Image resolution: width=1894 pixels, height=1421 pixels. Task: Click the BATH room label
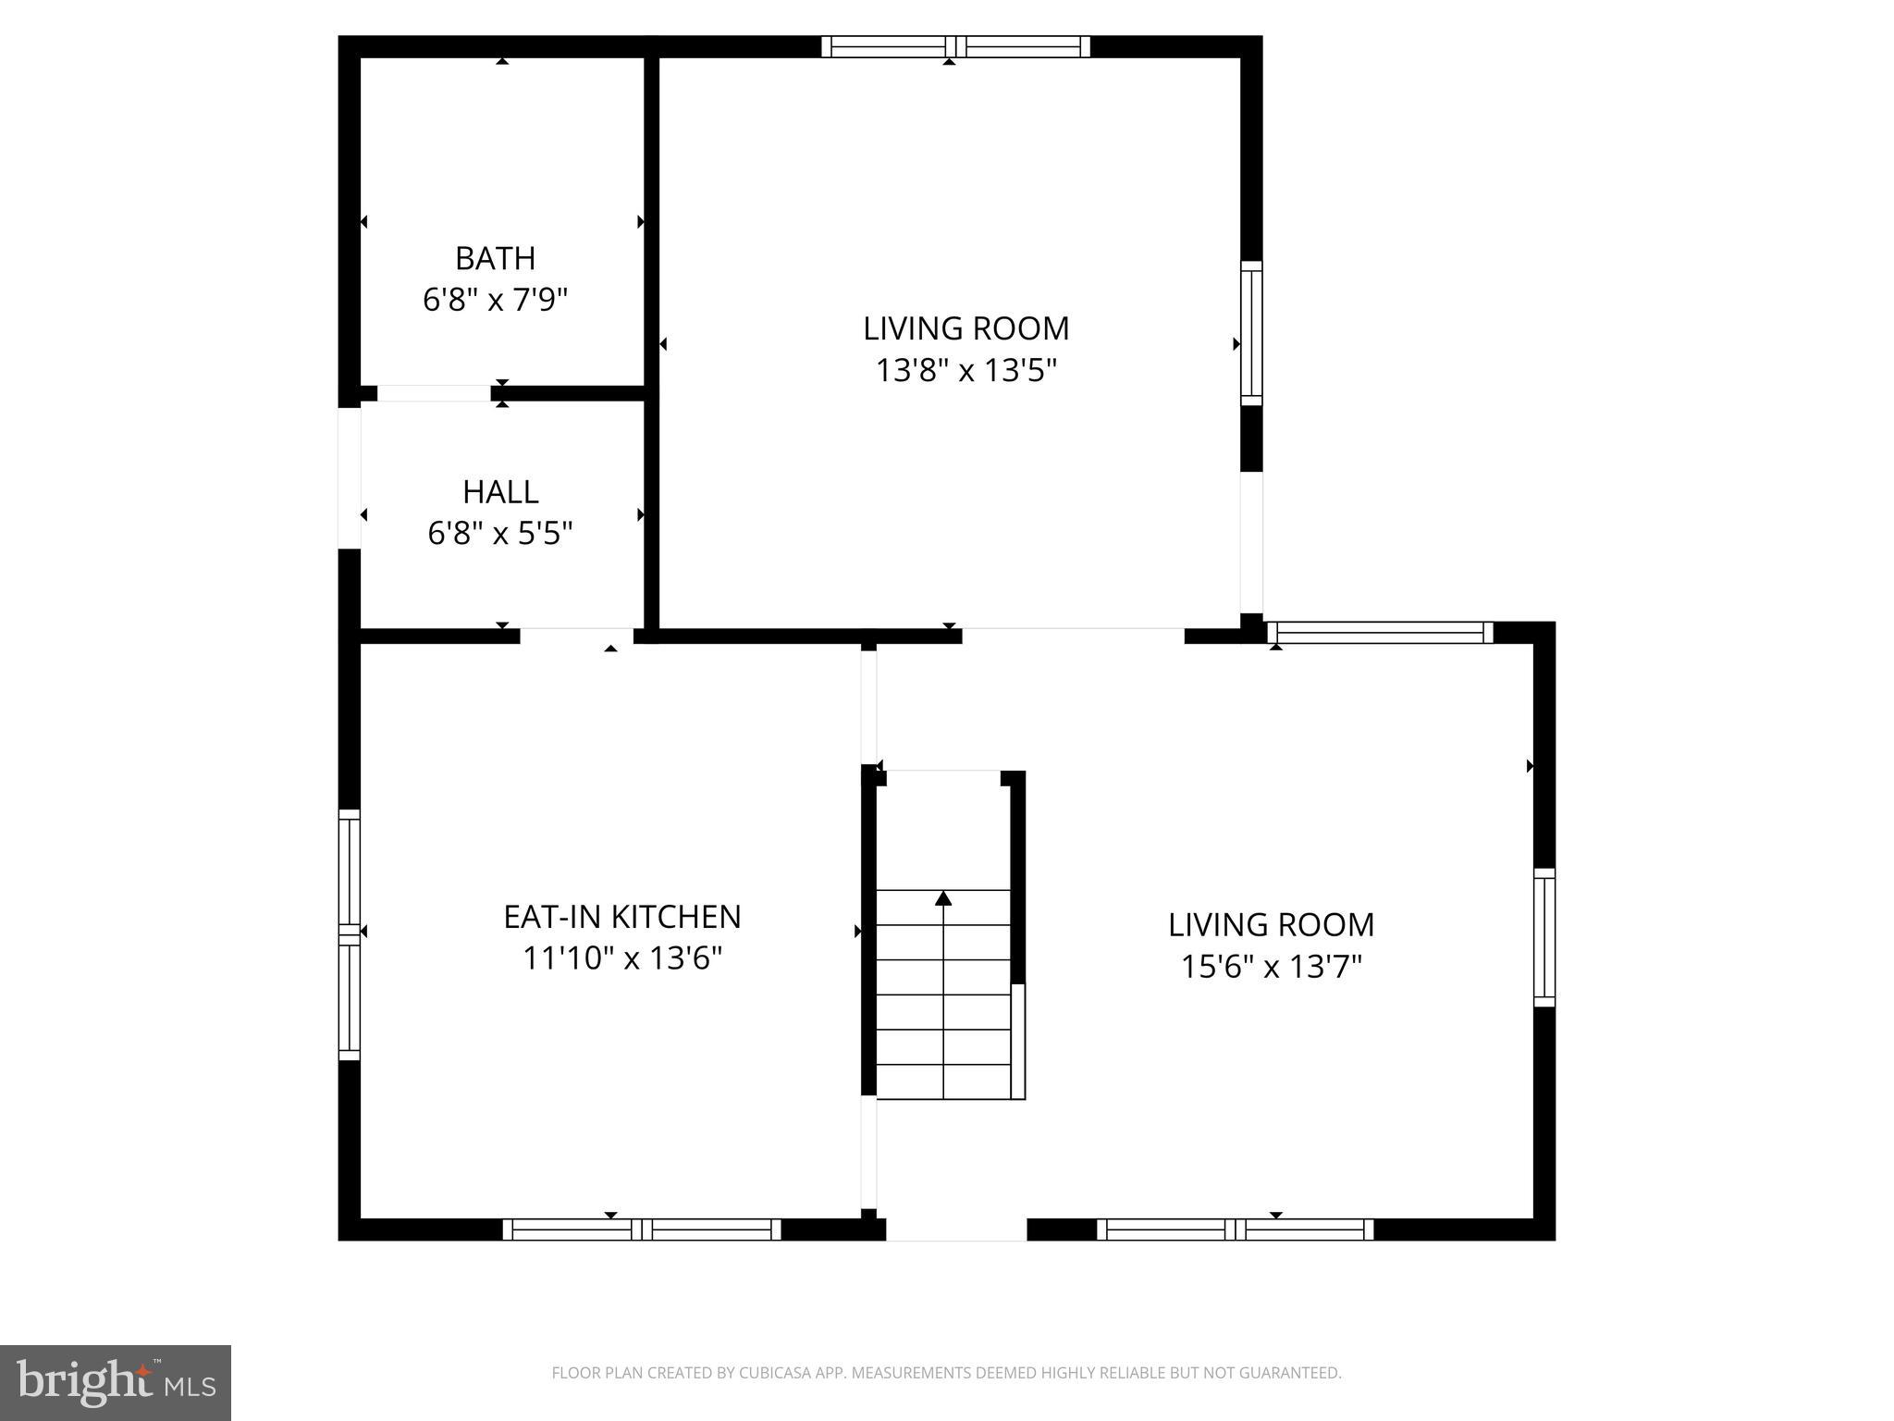pyautogui.click(x=495, y=258)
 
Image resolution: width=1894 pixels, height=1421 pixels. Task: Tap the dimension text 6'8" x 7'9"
pyautogui.click(x=495, y=300)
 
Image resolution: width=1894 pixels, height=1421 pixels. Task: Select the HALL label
pyautogui.click(x=500, y=491)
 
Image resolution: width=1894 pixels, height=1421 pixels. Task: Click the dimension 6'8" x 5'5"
pyautogui.click(x=500, y=534)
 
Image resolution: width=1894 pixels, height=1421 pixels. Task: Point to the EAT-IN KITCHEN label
pyautogui.click(x=622, y=917)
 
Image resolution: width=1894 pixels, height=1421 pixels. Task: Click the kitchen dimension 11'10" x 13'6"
pyautogui.click(x=622, y=958)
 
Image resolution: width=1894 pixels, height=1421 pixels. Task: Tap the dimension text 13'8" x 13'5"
pyautogui.click(x=966, y=371)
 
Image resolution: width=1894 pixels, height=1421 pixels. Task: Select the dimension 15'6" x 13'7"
pyautogui.click(x=1272, y=967)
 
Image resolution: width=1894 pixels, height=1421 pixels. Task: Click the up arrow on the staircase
pyautogui.click(x=943, y=898)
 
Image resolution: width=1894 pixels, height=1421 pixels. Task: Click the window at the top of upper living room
pyautogui.click(x=956, y=47)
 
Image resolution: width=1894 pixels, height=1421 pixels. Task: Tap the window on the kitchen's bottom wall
pyautogui.click(x=642, y=1229)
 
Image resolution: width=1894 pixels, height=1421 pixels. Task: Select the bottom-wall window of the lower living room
pyautogui.click(x=1236, y=1229)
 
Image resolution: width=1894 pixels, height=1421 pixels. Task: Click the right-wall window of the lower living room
pyautogui.click(x=1544, y=937)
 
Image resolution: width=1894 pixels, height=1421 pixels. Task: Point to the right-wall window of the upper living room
pyautogui.click(x=1251, y=333)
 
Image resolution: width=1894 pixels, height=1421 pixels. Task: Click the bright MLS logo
pyautogui.click(x=116, y=1383)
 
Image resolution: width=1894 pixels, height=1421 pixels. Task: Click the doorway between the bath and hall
pyautogui.click(x=434, y=393)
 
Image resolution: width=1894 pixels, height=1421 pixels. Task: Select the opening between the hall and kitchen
pyautogui.click(x=576, y=636)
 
